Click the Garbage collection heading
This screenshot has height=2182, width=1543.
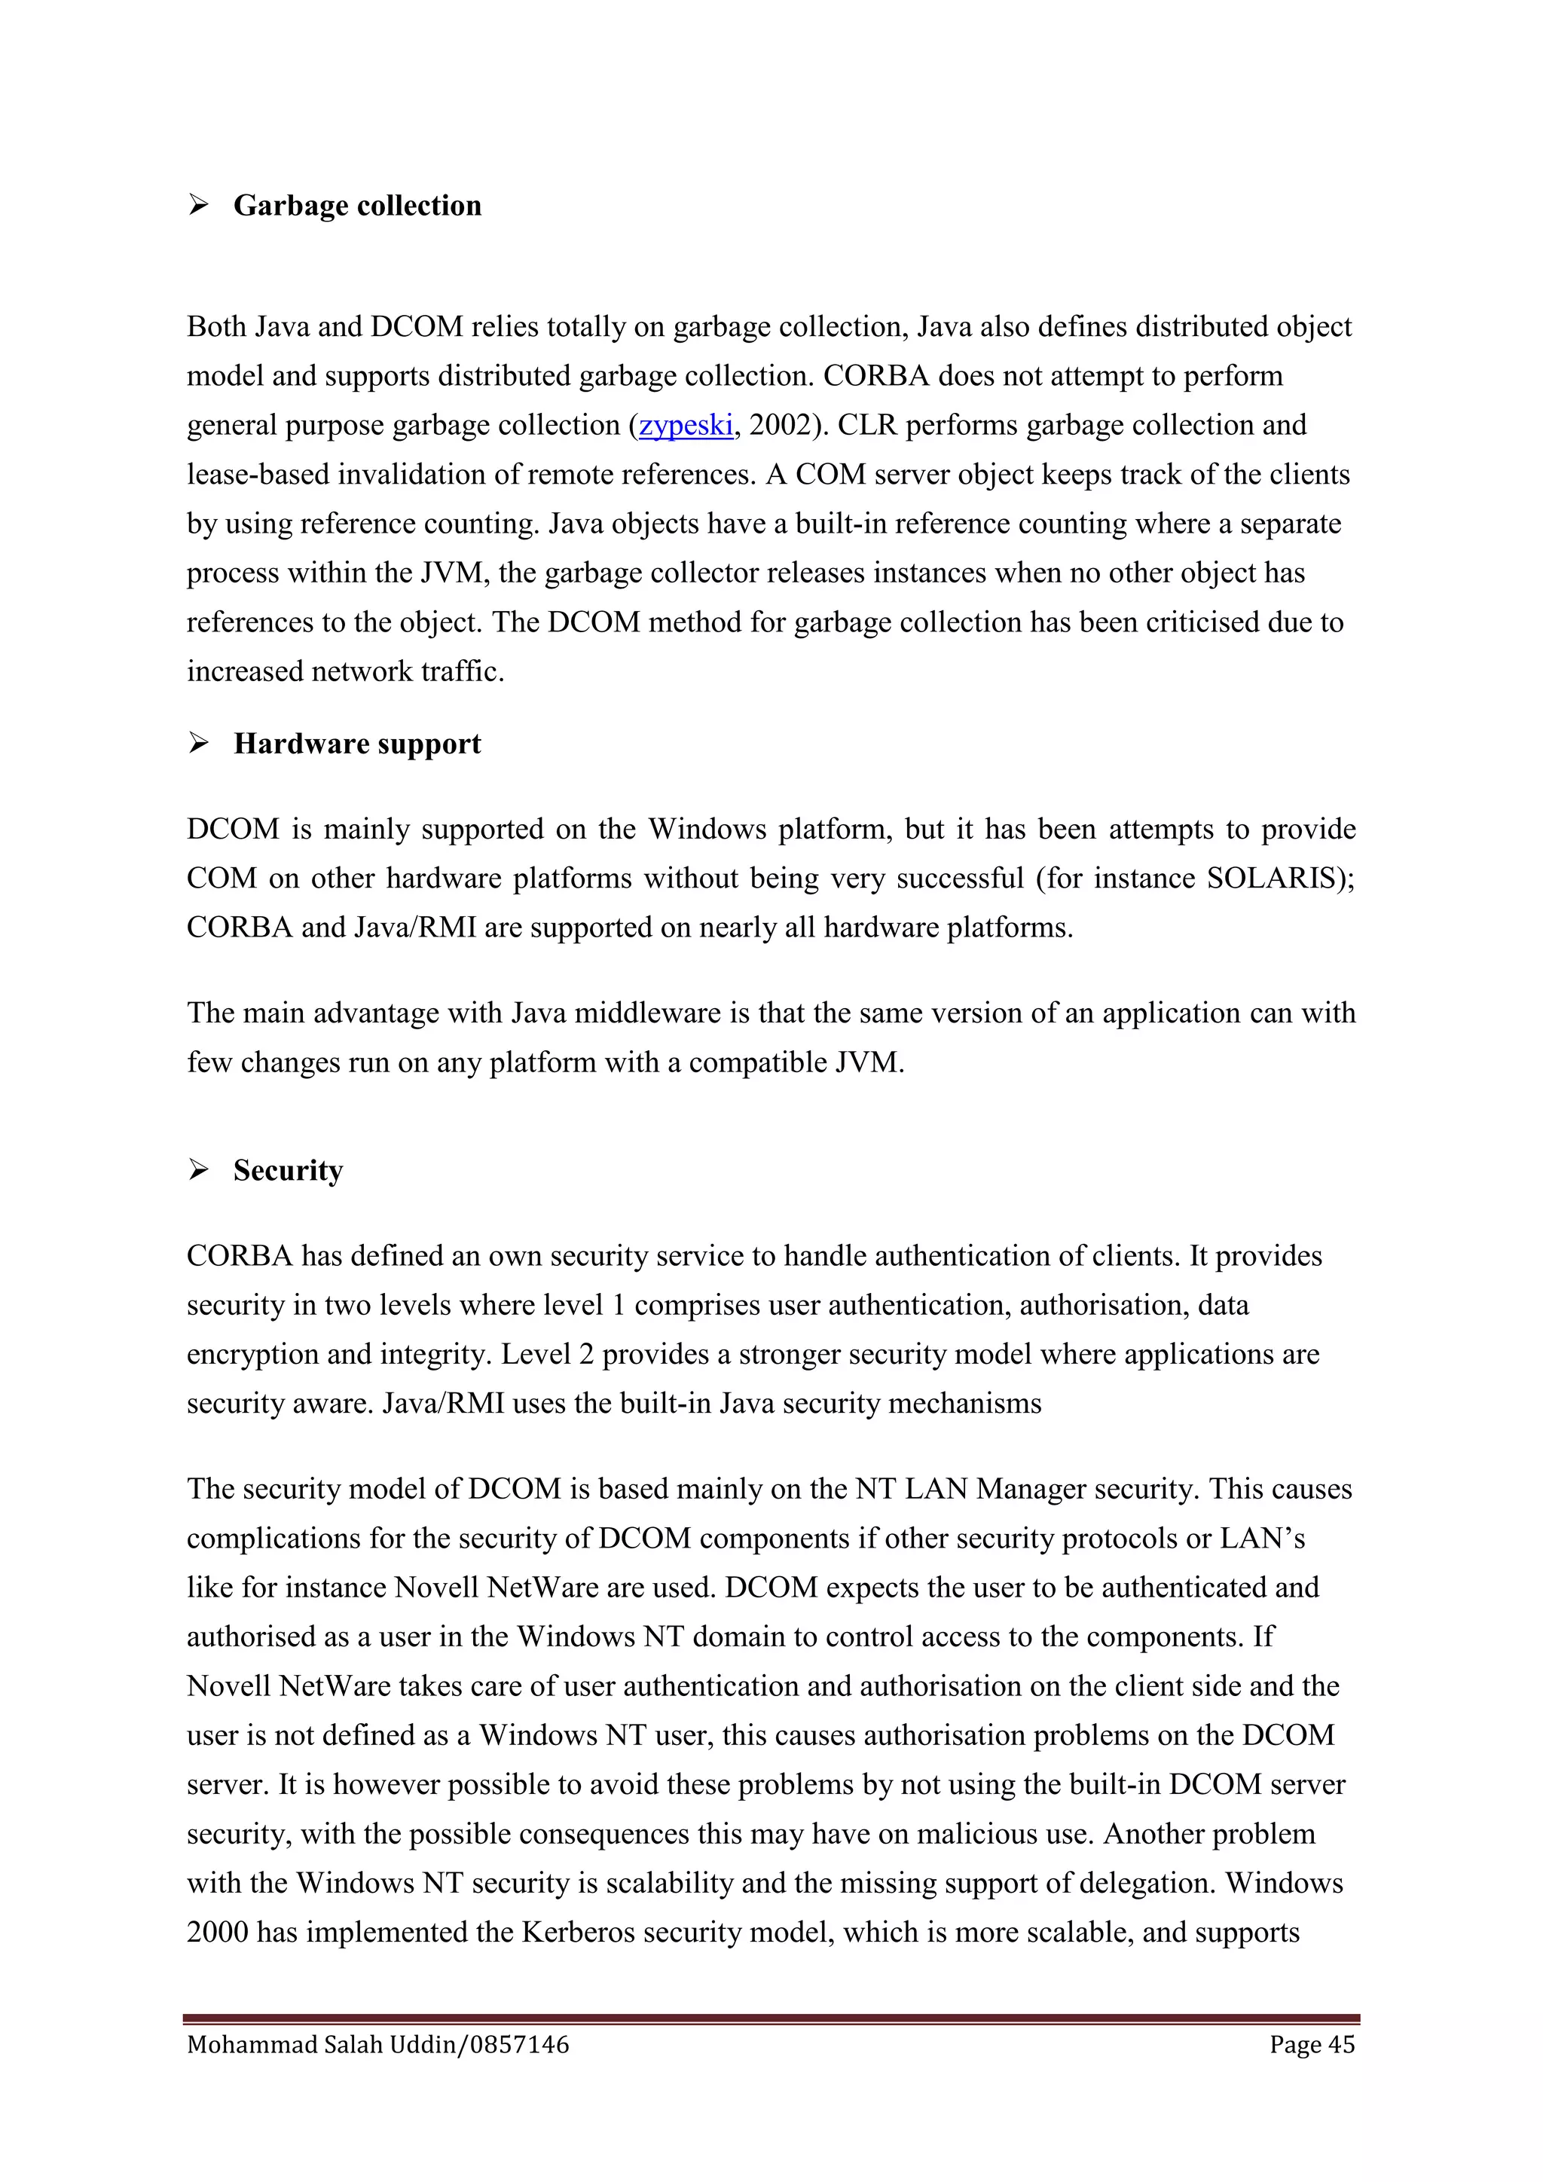[x=357, y=206]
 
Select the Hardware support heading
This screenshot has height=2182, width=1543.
[x=357, y=744]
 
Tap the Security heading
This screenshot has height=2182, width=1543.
[x=288, y=1171]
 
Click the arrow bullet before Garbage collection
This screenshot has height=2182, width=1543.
[x=199, y=205]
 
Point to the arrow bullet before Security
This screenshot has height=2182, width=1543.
[x=199, y=1170]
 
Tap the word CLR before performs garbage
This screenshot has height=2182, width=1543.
[x=867, y=425]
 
